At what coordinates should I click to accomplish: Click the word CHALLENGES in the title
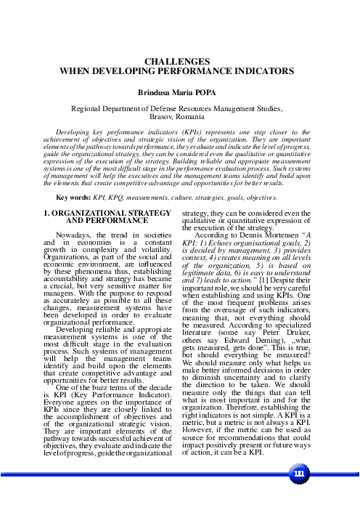pyautogui.click(x=179, y=64)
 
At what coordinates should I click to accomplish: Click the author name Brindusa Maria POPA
pyautogui.click(x=179, y=93)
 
